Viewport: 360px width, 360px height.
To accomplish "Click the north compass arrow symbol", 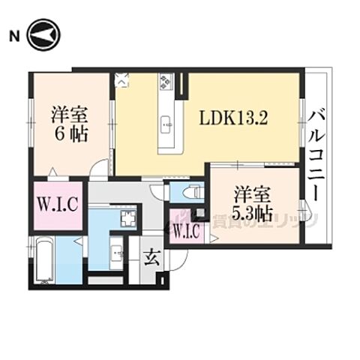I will click(x=43, y=35).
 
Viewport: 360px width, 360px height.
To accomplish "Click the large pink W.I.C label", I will click(x=58, y=203).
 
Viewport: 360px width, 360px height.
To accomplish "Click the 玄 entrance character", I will click(x=151, y=258).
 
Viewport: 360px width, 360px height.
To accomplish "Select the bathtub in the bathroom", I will click(x=42, y=262).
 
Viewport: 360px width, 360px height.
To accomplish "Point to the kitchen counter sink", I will click(x=166, y=121).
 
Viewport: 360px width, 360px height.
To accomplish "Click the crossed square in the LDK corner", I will click(x=122, y=78).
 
